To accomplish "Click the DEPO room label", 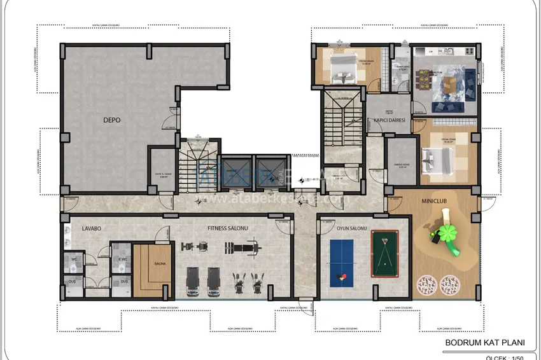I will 112,120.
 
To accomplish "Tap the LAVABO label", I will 83,227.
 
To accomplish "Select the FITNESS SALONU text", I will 227,227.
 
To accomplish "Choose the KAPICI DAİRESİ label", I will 390,120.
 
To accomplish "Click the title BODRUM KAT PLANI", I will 485,343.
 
